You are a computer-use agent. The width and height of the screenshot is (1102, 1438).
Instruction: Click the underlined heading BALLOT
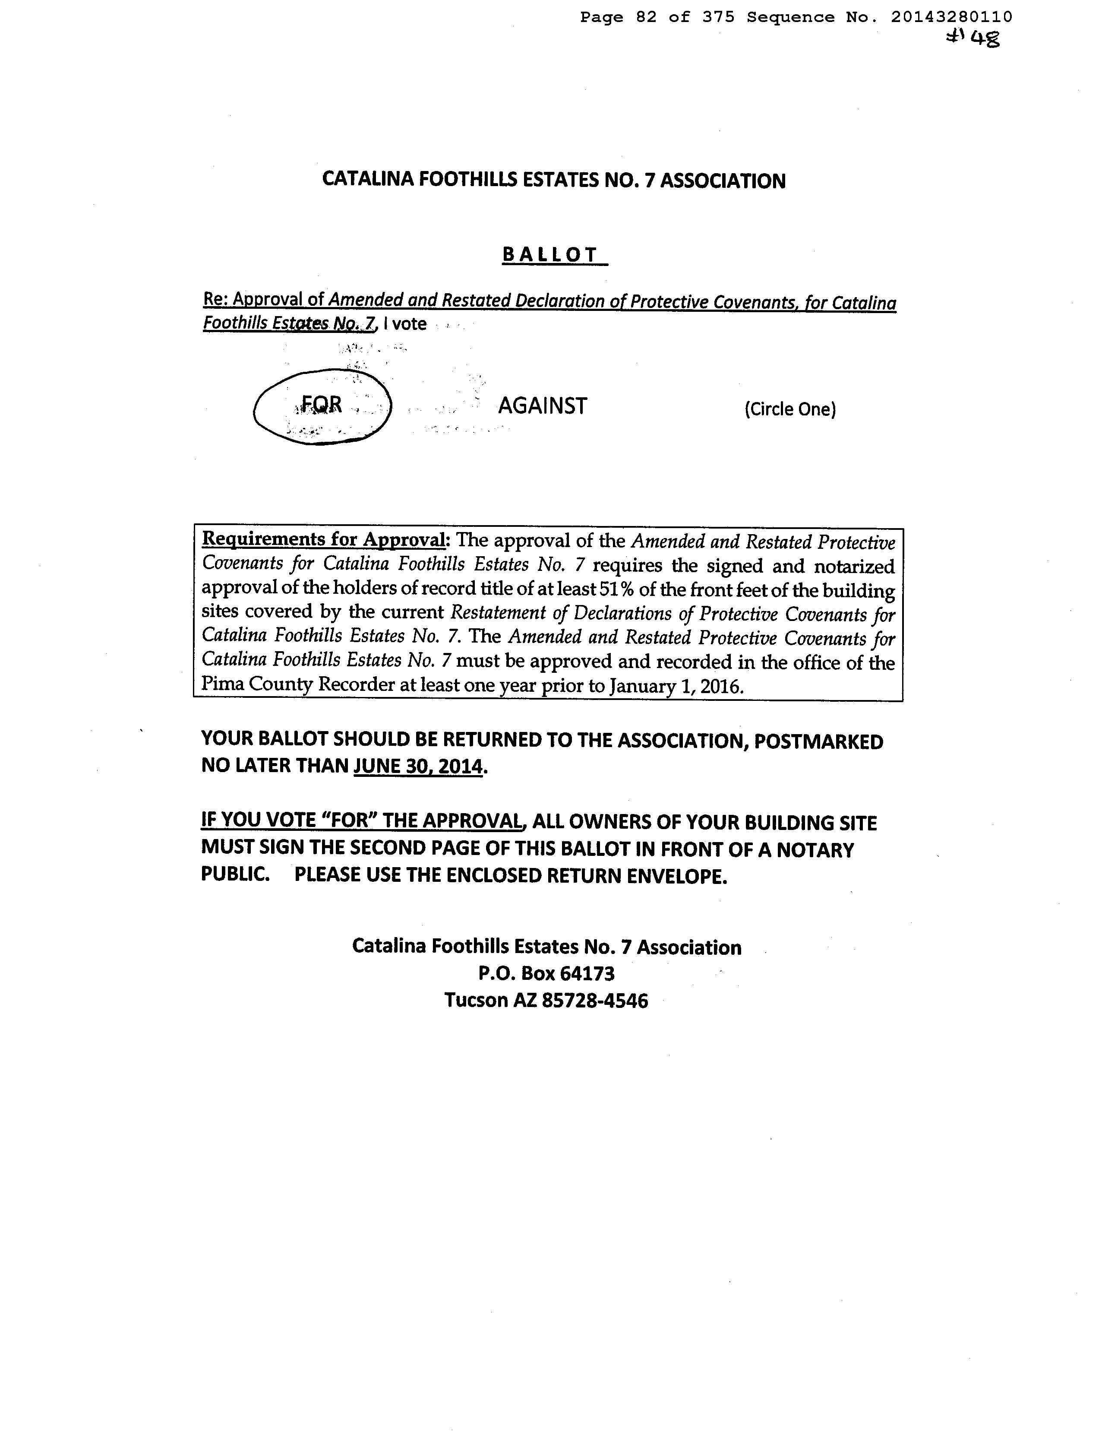pyautogui.click(x=551, y=255)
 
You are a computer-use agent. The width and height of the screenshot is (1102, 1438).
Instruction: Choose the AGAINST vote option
pyautogui.click(x=543, y=406)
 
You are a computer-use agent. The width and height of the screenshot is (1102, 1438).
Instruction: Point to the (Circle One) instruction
pyautogui.click(x=790, y=409)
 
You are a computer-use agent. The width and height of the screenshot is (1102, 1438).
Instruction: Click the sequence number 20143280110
pyautogui.click(x=951, y=17)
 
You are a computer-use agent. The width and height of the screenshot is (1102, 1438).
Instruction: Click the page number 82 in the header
pyautogui.click(x=646, y=17)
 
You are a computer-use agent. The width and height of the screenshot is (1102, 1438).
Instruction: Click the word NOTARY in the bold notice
pyautogui.click(x=815, y=850)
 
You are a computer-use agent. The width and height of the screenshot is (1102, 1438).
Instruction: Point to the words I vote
pyautogui.click(x=405, y=323)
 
